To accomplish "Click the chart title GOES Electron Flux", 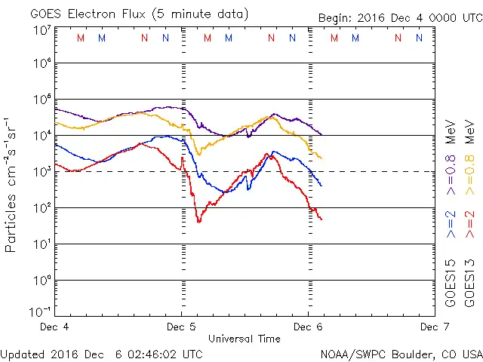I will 91,14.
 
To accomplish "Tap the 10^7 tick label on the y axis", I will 41,30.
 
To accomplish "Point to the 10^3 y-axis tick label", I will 41,172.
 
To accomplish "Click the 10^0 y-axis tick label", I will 41,280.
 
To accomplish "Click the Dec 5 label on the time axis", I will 181,327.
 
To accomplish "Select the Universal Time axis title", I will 244,339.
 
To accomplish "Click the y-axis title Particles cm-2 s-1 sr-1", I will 11,184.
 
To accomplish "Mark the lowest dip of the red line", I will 199,222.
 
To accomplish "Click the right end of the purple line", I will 322,134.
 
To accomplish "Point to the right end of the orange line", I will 321,158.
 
